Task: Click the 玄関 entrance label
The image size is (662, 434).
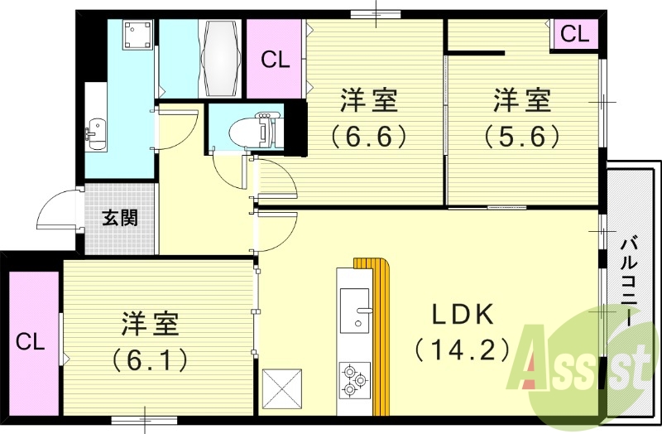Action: [120, 219]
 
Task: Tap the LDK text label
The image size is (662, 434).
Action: [463, 315]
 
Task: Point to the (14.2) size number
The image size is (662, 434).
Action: [463, 350]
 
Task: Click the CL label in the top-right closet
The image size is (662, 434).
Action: [574, 35]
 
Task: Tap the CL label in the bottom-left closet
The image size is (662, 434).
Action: [30, 341]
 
